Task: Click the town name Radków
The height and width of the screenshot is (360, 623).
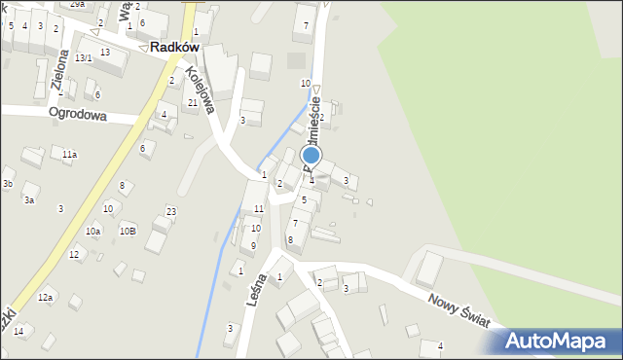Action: (175, 47)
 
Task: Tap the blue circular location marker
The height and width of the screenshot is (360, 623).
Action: (311, 155)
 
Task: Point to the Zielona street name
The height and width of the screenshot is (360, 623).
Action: (60, 72)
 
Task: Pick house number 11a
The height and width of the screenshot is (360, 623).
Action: (69, 155)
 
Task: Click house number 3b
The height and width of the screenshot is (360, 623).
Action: (7, 183)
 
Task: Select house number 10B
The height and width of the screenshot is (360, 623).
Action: (128, 231)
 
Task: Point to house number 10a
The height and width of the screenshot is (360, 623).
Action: (92, 231)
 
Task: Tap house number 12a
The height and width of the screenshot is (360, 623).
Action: (45, 297)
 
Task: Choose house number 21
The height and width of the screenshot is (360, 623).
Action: (193, 102)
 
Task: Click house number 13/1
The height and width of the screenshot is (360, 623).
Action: (84, 58)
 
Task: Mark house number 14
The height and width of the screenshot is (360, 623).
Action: (18, 332)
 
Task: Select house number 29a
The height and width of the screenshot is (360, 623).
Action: (76, 4)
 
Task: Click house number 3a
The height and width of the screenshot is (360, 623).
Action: (29, 199)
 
